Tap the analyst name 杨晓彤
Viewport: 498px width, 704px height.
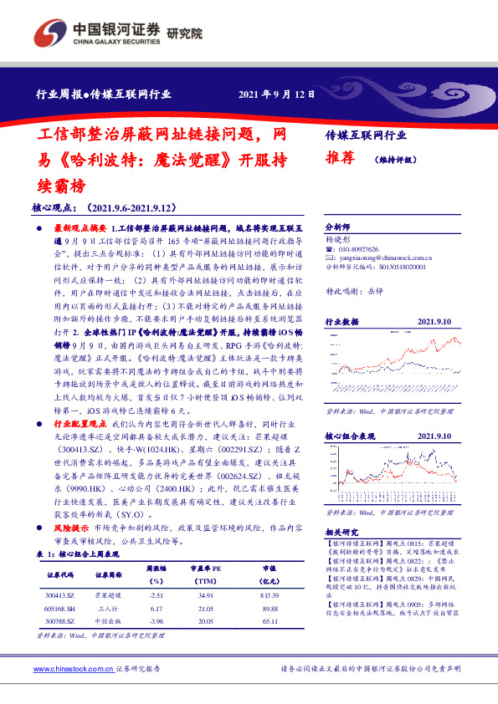point(337,238)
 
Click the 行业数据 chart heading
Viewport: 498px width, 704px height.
point(341,321)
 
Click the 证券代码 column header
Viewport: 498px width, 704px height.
point(60,575)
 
